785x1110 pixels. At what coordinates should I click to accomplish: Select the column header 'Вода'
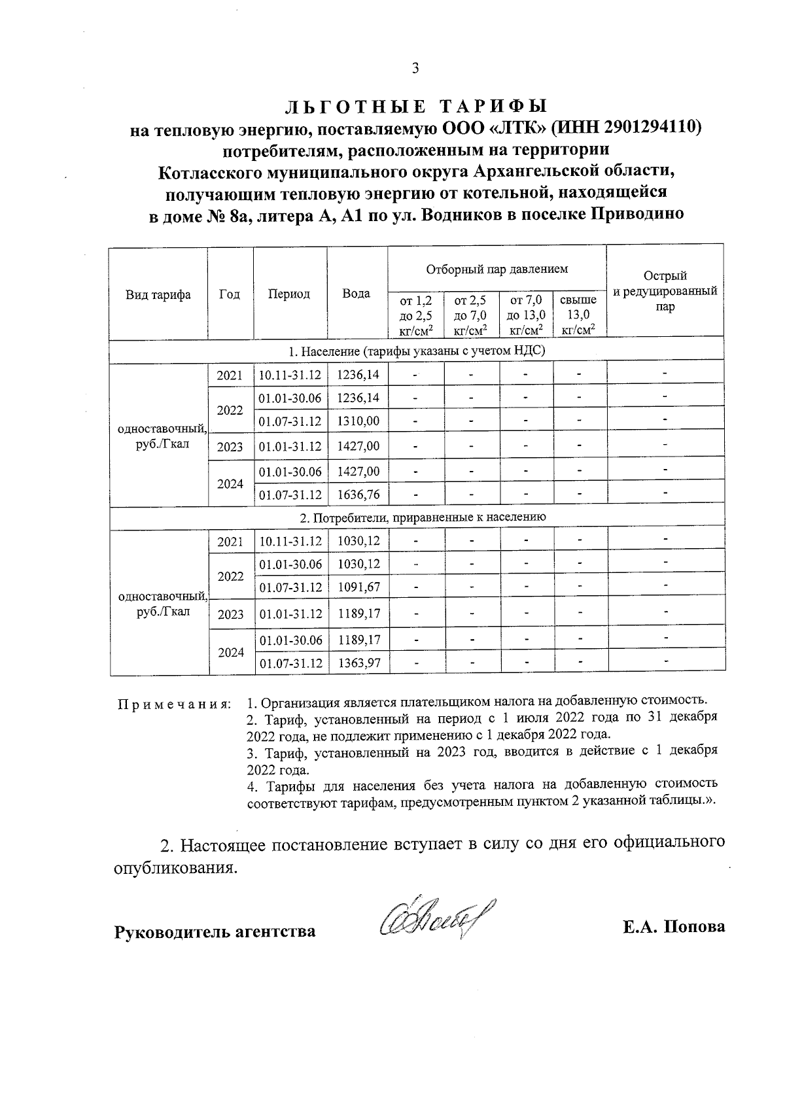click(357, 294)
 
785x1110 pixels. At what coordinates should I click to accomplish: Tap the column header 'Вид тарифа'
click(158, 294)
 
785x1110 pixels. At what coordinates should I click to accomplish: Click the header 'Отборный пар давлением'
click(497, 269)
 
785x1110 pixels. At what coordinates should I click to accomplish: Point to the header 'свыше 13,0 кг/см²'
click(579, 315)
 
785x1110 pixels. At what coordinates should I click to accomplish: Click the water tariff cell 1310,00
click(358, 421)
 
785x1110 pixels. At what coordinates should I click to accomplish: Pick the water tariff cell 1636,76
click(358, 494)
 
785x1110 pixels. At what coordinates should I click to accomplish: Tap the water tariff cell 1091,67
click(358, 587)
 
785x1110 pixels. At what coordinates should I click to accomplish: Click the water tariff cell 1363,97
click(358, 663)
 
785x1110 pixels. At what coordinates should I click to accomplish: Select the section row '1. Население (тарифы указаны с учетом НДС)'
click(417, 351)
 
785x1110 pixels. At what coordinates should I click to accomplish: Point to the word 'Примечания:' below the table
click(174, 705)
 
